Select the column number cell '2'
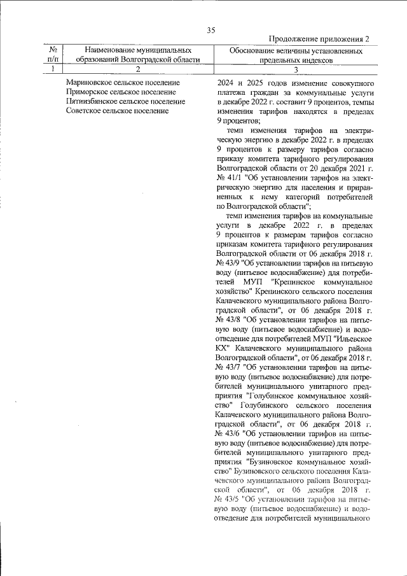pos(137,69)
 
